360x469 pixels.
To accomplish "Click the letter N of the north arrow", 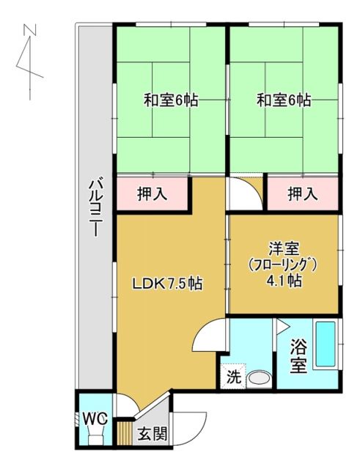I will [x=30, y=30].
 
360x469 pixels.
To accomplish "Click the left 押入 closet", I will [x=153, y=194].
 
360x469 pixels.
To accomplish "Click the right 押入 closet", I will [x=302, y=194].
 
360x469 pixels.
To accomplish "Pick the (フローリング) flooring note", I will [x=284, y=265].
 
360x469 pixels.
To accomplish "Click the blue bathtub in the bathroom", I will [x=325, y=344].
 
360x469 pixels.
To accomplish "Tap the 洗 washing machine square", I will [x=232, y=378].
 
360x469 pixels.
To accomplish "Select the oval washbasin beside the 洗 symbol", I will [x=257, y=379].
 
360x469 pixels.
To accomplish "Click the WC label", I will [x=95, y=419].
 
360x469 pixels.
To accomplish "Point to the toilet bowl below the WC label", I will [x=95, y=437].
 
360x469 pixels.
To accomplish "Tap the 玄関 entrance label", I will [x=153, y=434].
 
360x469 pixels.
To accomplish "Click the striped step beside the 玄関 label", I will [x=124, y=433].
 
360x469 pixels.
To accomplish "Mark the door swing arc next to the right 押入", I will [x=244, y=194].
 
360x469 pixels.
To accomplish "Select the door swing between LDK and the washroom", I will [x=209, y=339].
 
